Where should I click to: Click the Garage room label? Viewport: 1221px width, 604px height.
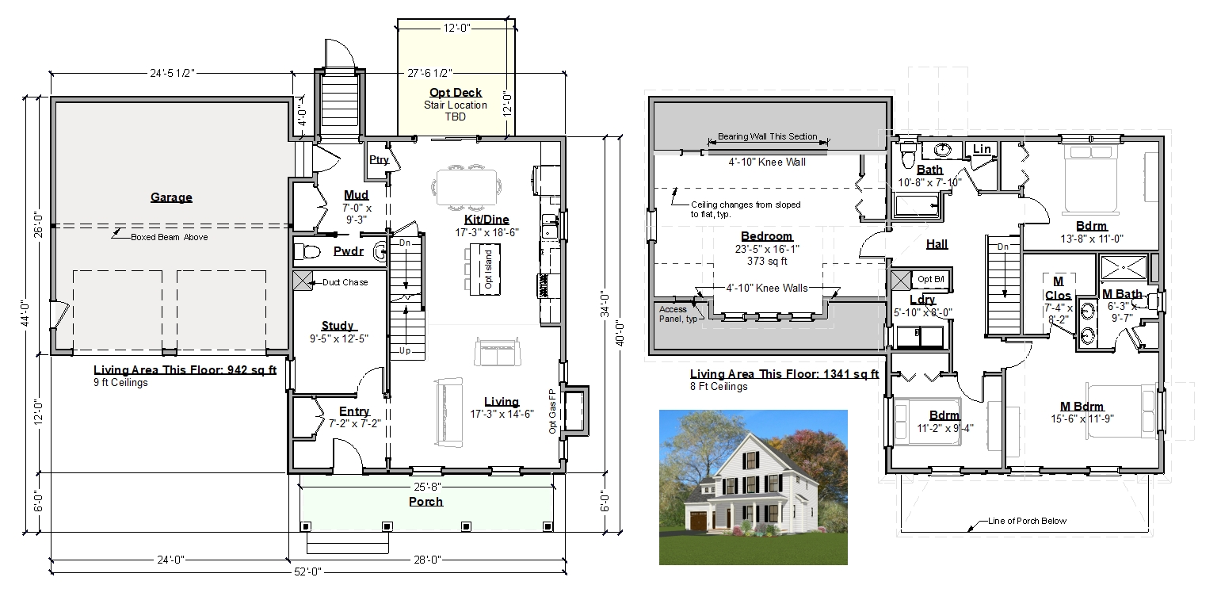point(171,197)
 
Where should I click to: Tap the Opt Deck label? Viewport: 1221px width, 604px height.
point(456,93)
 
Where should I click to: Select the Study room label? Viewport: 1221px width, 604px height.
point(338,326)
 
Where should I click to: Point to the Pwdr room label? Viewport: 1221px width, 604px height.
point(349,250)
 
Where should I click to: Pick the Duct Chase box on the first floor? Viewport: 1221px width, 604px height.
point(303,281)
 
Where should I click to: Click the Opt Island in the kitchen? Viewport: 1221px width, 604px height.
point(485,270)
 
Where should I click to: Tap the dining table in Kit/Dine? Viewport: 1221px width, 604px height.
point(467,186)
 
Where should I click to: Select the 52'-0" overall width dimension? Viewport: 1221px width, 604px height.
point(308,572)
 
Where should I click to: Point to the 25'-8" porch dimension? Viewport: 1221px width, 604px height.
point(427,486)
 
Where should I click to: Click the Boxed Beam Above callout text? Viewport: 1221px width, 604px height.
point(169,237)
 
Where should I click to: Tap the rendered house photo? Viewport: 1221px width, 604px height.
point(754,487)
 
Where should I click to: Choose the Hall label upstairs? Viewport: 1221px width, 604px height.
point(937,244)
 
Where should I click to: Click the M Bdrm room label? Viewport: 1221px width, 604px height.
point(1082,406)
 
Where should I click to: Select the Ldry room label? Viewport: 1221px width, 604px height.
point(922,300)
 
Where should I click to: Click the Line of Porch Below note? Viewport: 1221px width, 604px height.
point(1027,521)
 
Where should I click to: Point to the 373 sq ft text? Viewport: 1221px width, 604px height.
point(767,261)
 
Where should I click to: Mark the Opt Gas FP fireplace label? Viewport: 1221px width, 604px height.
point(552,411)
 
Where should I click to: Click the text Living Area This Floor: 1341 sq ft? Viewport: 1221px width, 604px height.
point(784,374)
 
